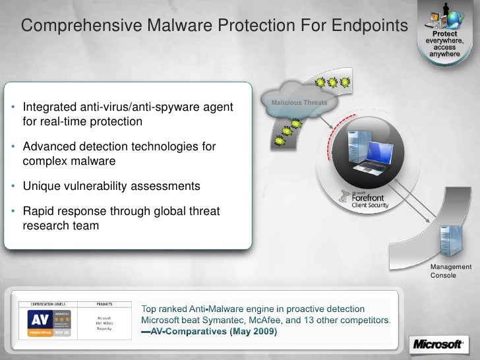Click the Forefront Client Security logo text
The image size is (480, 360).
click(x=369, y=199)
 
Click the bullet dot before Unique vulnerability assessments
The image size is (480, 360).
click(x=14, y=187)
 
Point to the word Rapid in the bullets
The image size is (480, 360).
click(x=38, y=212)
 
